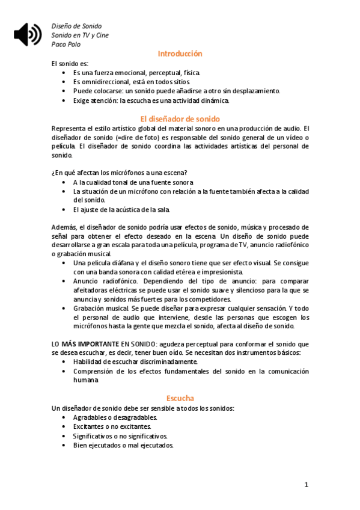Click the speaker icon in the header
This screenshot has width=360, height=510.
[28, 34]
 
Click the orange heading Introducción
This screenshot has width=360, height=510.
[180, 54]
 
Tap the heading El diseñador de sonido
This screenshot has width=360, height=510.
[180, 118]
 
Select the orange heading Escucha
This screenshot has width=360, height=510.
[180, 398]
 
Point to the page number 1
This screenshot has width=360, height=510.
[306, 485]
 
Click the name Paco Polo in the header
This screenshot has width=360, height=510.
[66, 45]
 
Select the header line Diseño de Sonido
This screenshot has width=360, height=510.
[76, 26]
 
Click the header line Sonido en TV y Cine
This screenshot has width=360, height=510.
[80, 35]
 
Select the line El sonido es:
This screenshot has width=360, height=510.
[70, 63]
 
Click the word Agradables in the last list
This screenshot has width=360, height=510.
[90, 417]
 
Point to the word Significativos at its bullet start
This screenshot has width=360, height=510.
[93, 436]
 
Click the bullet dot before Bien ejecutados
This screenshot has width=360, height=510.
[65, 446]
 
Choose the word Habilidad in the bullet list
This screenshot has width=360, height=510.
[88, 361]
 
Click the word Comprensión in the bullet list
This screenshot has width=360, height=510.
[94, 371]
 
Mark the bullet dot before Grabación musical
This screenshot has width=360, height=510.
[65, 308]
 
